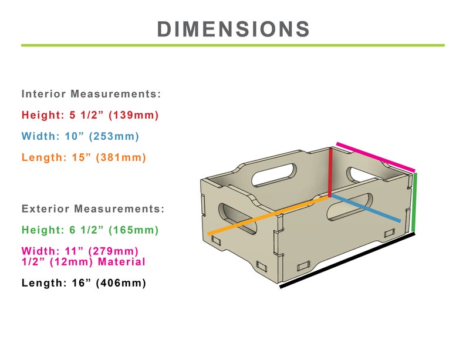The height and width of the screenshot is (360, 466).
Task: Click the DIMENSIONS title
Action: click(234, 29)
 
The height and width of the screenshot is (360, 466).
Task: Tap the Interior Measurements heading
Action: click(91, 94)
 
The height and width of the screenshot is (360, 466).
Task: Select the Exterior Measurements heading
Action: click(93, 208)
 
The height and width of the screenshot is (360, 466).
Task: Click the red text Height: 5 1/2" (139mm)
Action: click(90, 115)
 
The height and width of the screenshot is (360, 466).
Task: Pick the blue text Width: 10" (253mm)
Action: click(80, 136)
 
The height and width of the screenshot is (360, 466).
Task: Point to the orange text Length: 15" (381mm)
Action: click(84, 157)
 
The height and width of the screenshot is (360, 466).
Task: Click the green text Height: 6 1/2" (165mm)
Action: click(90, 230)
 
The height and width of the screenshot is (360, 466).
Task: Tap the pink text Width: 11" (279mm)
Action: click(80, 251)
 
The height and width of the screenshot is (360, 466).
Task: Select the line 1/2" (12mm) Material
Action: click(83, 262)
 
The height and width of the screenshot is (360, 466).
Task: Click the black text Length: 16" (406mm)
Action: click(84, 282)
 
